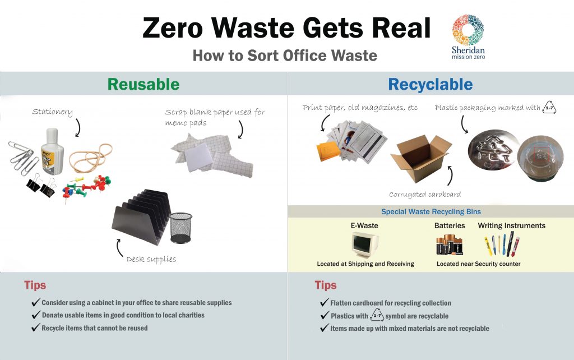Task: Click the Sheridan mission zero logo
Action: [468, 37]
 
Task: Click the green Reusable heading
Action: [143, 84]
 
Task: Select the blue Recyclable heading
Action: [430, 85]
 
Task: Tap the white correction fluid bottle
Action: [52, 151]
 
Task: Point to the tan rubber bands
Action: [91, 158]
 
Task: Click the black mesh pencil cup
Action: [181, 228]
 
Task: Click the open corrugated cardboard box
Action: [422, 158]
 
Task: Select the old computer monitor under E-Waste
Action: [365, 245]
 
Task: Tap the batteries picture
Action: [450, 244]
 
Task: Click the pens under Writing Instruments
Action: [502, 245]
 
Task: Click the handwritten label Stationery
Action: [52, 112]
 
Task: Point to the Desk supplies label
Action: [151, 259]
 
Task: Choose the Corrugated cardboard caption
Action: [425, 195]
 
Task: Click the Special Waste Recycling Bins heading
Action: [431, 211]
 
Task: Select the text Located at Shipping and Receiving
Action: [365, 264]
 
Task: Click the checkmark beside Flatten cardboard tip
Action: [324, 302]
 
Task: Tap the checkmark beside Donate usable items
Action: [35, 315]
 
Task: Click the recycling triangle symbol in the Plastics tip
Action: [377, 315]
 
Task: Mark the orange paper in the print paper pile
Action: [328, 151]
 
